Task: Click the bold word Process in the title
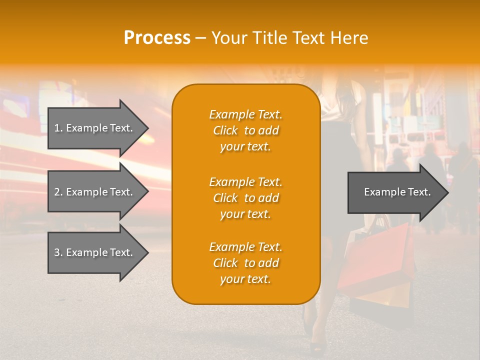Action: [x=157, y=38]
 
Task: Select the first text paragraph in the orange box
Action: [x=245, y=130]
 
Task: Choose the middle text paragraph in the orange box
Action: [x=245, y=198]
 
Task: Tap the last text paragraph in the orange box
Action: [x=245, y=263]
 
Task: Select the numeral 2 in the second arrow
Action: [x=57, y=192]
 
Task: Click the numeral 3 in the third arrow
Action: [x=57, y=252]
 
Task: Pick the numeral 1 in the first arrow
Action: [x=57, y=128]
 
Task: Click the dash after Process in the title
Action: [x=200, y=38]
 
